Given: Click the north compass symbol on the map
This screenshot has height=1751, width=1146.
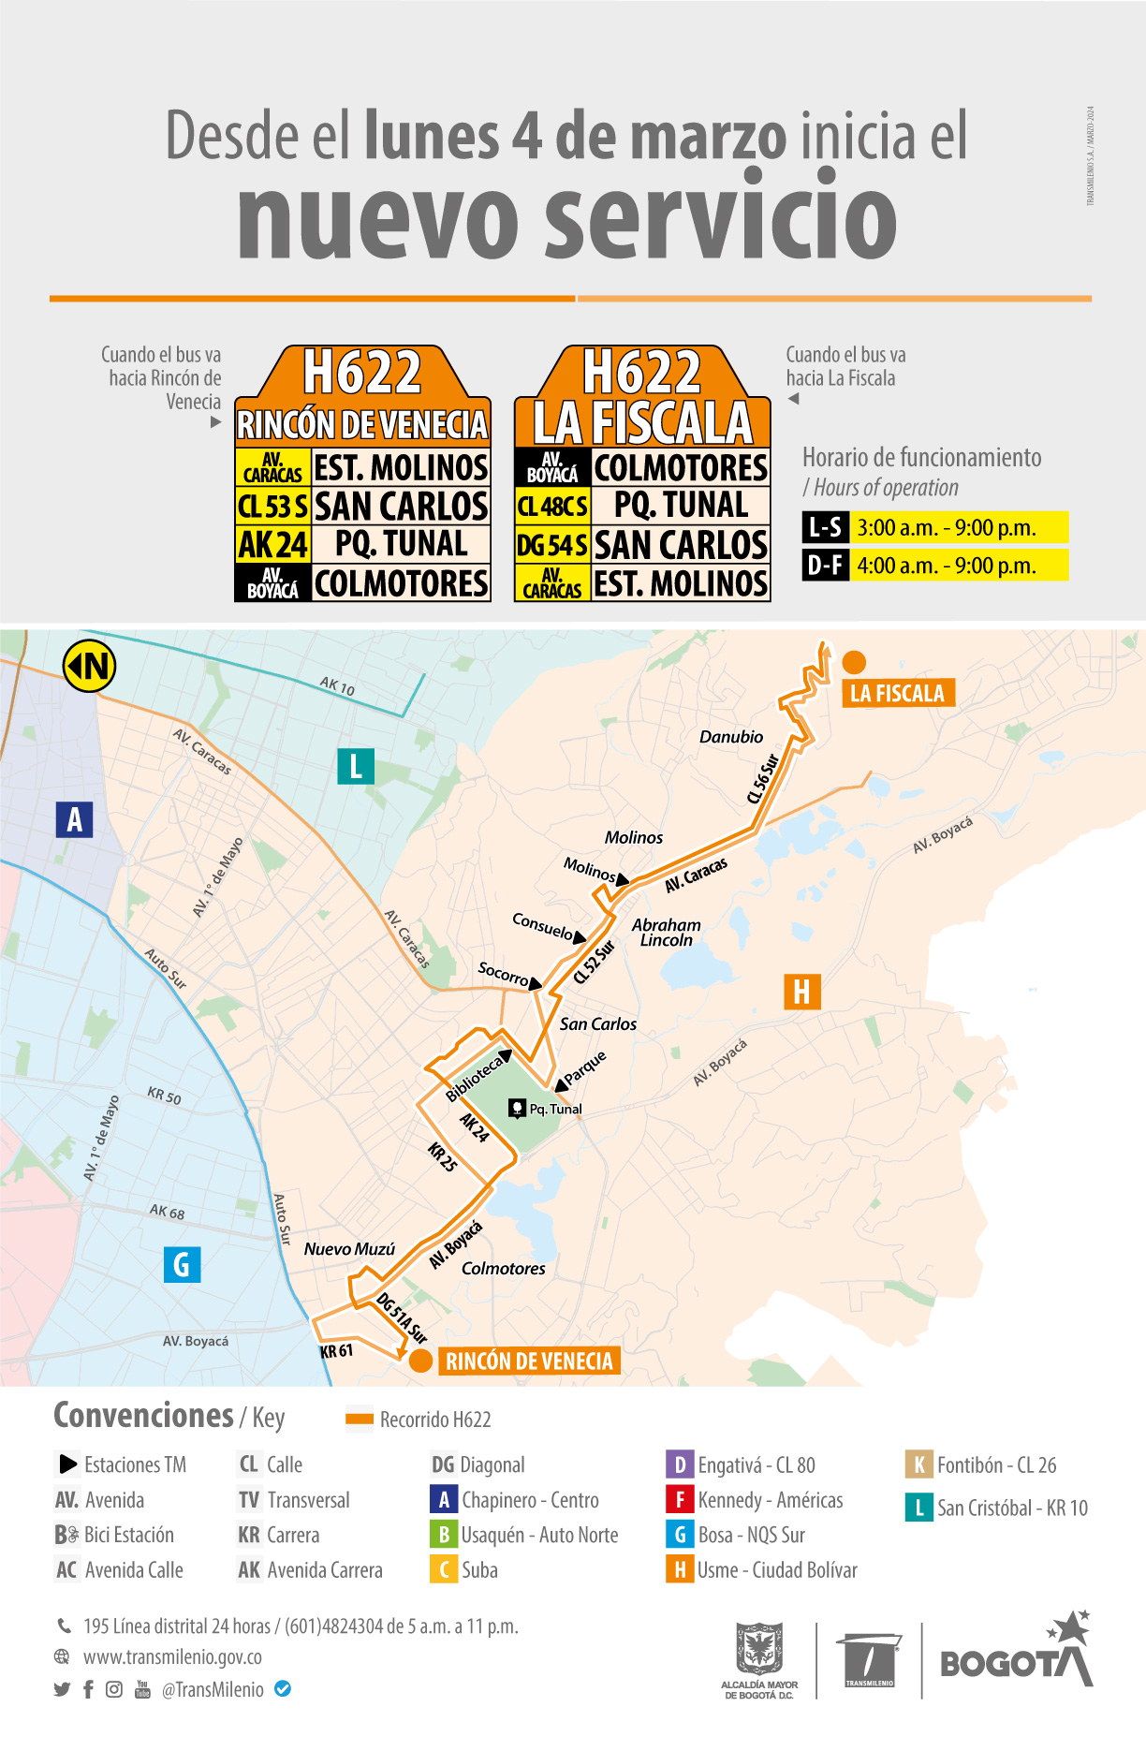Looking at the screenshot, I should pyautogui.click(x=89, y=666).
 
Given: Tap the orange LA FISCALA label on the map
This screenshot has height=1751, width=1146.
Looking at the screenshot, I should pyautogui.click(x=897, y=693).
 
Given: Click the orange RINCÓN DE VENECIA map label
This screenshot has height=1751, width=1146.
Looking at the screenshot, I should pyautogui.click(x=529, y=1361).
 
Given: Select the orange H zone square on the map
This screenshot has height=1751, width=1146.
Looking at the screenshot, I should pyautogui.click(x=801, y=992).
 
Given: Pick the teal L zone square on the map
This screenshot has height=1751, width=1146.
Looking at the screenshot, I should pyautogui.click(x=356, y=766).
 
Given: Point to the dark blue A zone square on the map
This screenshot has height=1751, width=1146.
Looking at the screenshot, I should pyautogui.click(x=74, y=819).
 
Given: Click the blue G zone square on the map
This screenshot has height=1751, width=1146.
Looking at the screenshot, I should pyautogui.click(x=182, y=1264).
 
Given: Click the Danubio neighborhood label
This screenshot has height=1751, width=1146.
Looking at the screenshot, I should pyautogui.click(x=731, y=737).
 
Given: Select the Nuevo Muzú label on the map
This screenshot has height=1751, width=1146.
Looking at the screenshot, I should pyautogui.click(x=349, y=1249).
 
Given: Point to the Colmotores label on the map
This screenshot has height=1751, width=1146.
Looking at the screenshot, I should pyautogui.click(x=503, y=1269).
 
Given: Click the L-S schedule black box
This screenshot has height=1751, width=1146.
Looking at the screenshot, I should pyautogui.click(x=825, y=527).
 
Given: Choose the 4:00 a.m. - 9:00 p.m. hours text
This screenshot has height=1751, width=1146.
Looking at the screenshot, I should pyautogui.click(x=947, y=566).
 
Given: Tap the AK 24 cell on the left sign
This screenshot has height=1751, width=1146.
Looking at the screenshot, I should pyautogui.click(x=272, y=544).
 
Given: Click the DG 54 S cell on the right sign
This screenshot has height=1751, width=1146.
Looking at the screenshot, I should pyautogui.click(x=552, y=545).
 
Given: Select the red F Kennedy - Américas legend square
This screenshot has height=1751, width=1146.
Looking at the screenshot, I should pyautogui.click(x=679, y=1500).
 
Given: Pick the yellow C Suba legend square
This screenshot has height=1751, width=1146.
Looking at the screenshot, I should pyautogui.click(x=444, y=1569).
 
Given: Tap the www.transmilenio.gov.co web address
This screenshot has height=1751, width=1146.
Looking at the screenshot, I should pyautogui.click(x=172, y=1656).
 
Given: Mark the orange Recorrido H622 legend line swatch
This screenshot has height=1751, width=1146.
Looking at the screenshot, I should pyautogui.click(x=360, y=1420).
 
